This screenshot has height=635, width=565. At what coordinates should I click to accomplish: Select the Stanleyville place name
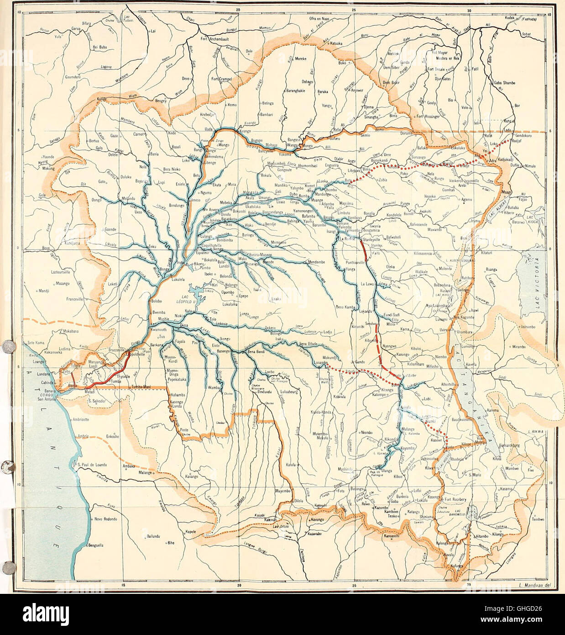(x=371, y=239)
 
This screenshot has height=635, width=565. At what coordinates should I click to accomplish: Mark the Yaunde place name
(x=47, y=156)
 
